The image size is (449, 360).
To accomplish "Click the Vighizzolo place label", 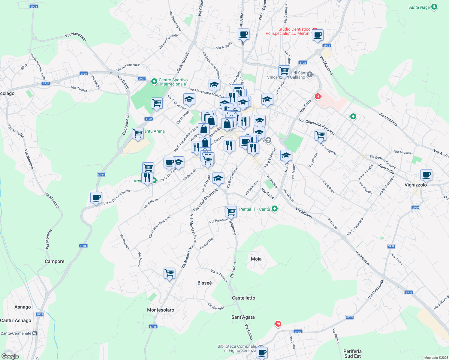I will click(x=415, y=185).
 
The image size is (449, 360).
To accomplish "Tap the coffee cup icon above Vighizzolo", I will click(x=426, y=175).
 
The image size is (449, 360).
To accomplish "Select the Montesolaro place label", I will click(x=161, y=310).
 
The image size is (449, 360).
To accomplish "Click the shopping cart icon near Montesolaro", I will click(x=170, y=273).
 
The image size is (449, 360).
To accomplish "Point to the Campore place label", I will click(x=54, y=261).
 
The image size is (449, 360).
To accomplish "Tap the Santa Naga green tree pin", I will click(x=434, y=7).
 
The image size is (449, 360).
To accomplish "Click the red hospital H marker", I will click(x=318, y=97).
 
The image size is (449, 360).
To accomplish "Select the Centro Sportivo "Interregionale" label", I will click(x=173, y=82).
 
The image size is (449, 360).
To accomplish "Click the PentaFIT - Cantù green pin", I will click(x=274, y=209).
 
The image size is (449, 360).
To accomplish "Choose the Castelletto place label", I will click(x=243, y=298).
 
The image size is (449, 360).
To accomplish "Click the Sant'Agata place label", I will click(x=243, y=317).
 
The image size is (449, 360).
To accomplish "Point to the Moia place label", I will click(x=256, y=259).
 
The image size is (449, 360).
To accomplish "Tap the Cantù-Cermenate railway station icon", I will click(x=35, y=333).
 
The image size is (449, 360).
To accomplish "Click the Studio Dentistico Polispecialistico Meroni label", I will click(x=288, y=31).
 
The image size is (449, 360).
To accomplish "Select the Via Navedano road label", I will click(x=75, y=36).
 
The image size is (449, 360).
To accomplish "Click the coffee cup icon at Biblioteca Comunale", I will click(x=262, y=352).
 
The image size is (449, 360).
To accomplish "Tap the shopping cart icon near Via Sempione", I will click(x=320, y=135).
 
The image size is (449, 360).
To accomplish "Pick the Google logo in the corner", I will click(x=10, y=356).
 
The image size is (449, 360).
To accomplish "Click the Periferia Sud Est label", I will click(x=352, y=354).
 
